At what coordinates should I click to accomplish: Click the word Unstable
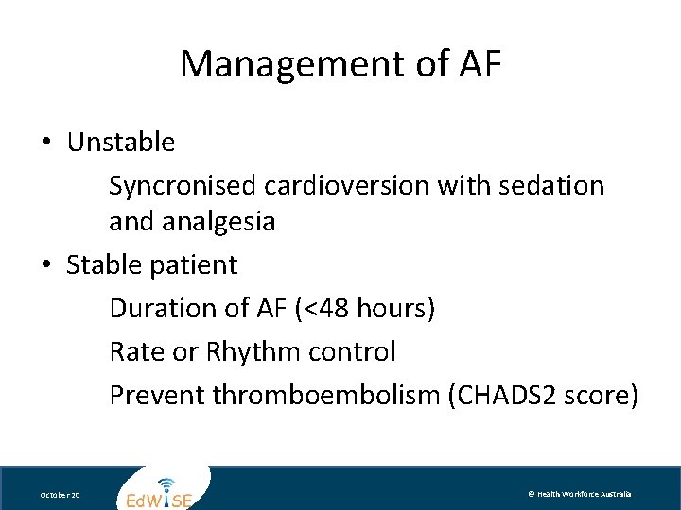click(x=121, y=143)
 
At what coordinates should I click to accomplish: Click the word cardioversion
click(x=346, y=185)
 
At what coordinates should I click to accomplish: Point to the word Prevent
click(x=157, y=395)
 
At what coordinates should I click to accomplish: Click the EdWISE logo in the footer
click(x=160, y=492)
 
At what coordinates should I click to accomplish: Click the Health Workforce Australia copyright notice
click(x=579, y=494)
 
